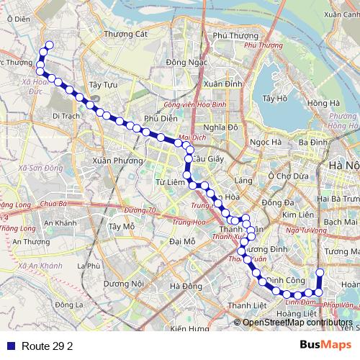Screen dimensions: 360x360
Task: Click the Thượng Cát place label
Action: pos(125,33)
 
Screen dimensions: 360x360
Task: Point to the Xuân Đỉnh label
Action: pos(222,84)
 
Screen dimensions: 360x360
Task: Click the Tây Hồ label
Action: pos(275,98)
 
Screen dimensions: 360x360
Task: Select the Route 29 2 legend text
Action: pos(48,346)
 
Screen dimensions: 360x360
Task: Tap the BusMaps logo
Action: pos(325,345)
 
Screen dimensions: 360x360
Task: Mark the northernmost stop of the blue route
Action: pos(50,46)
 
